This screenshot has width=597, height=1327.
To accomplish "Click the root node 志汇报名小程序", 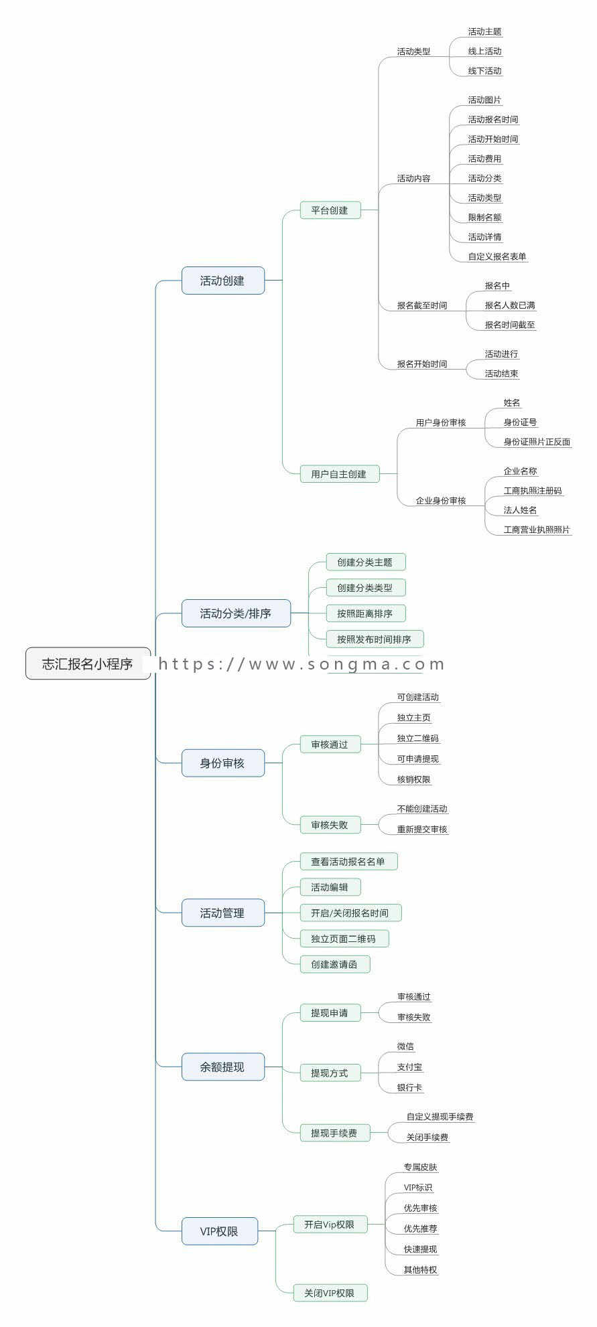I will pos(88,663).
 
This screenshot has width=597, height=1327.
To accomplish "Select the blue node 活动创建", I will pos(222,281).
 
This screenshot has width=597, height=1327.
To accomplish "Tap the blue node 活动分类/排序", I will pos(236,613).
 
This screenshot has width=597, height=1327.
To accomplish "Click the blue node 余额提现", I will pos(222,1067).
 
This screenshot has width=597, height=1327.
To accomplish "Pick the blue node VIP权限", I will pos(219,1231).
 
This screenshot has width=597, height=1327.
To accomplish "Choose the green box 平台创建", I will pos(330,210).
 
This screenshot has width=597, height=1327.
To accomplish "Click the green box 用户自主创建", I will pos(339,474).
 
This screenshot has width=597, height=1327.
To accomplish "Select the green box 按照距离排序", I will pos(365,613).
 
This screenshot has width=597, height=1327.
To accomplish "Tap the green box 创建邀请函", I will pos(334,964).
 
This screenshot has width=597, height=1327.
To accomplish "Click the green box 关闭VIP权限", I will pos(330,1292).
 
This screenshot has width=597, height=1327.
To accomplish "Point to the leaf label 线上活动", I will pos(484,52).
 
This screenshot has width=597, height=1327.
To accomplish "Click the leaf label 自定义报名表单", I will pos(497,256).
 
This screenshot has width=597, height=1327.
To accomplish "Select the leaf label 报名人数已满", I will pos(510,305).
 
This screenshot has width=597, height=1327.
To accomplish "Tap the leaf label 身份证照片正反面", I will pos(537,442).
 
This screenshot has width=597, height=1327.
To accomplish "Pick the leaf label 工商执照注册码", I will pos(533,491).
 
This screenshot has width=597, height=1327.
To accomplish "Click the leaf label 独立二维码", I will pos(417,738).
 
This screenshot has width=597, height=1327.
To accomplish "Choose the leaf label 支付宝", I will pos(409,1067).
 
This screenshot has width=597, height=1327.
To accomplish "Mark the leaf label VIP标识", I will pos(418,1188).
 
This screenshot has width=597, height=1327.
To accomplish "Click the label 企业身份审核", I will pos(440,501).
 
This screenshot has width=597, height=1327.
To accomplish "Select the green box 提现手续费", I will pos(334,1133).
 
